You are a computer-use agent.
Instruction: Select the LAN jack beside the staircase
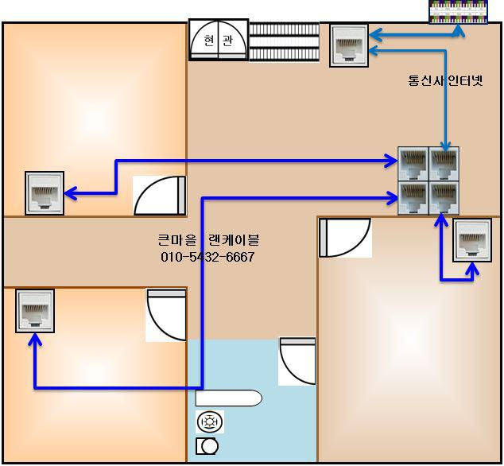pyautogui.click(x=348, y=45)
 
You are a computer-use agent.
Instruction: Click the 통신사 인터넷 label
pyautogui.click(x=445, y=81)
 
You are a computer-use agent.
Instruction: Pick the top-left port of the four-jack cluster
pyautogui.click(x=413, y=164)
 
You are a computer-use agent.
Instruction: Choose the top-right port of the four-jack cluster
pyautogui.click(x=444, y=164)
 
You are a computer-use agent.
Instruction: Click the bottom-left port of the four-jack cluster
pyautogui.click(x=413, y=197)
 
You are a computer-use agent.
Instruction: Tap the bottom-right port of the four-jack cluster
pyautogui.click(x=444, y=197)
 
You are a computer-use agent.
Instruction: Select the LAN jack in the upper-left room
pyautogui.click(x=44, y=192)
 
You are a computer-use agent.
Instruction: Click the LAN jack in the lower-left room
pyautogui.click(x=34, y=311)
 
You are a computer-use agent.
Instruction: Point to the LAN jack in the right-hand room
pyautogui.click(x=472, y=241)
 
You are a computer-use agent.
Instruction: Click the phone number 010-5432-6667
pyautogui.click(x=207, y=257)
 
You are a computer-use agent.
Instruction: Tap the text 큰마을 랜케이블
pyautogui.click(x=208, y=239)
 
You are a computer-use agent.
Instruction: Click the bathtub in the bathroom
pyautogui.click(x=229, y=398)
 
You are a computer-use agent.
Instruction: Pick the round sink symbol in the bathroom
pyautogui.click(x=209, y=422)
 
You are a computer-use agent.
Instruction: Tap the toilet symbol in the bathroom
pyautogui.click(x=207, y=446)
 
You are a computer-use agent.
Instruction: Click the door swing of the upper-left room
pyautogui.click(x=160, y=196)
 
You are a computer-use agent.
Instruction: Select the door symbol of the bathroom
pyautogui.click(x=297, y=361)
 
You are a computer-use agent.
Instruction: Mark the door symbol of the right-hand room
pyautogui.click(x=345, y=237)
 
